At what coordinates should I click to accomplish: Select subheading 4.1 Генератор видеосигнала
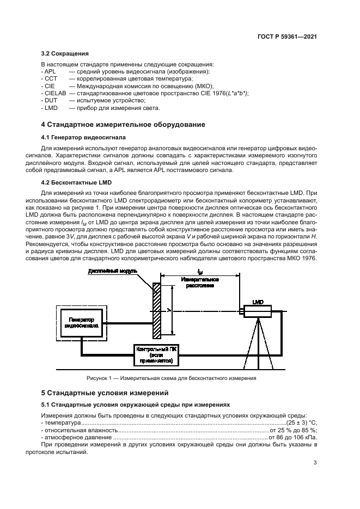83,138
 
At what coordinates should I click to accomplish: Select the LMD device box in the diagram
257,311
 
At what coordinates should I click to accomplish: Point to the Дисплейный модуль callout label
112,271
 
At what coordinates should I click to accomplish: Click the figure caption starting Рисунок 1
171,378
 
